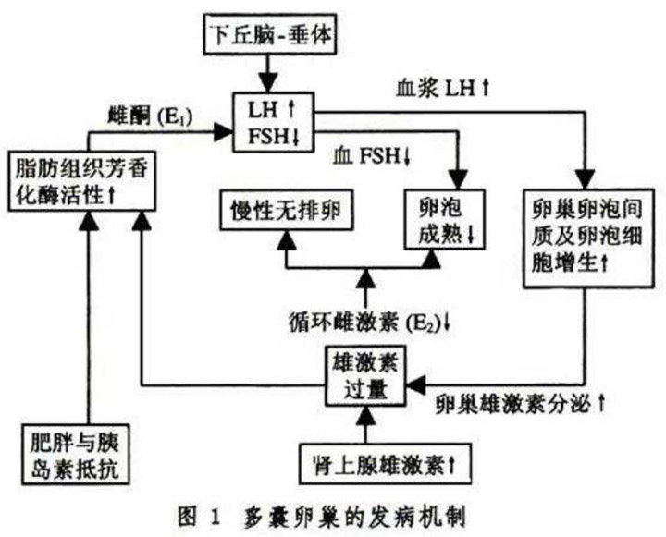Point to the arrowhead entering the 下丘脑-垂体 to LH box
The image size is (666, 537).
[x=266, y=85]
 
